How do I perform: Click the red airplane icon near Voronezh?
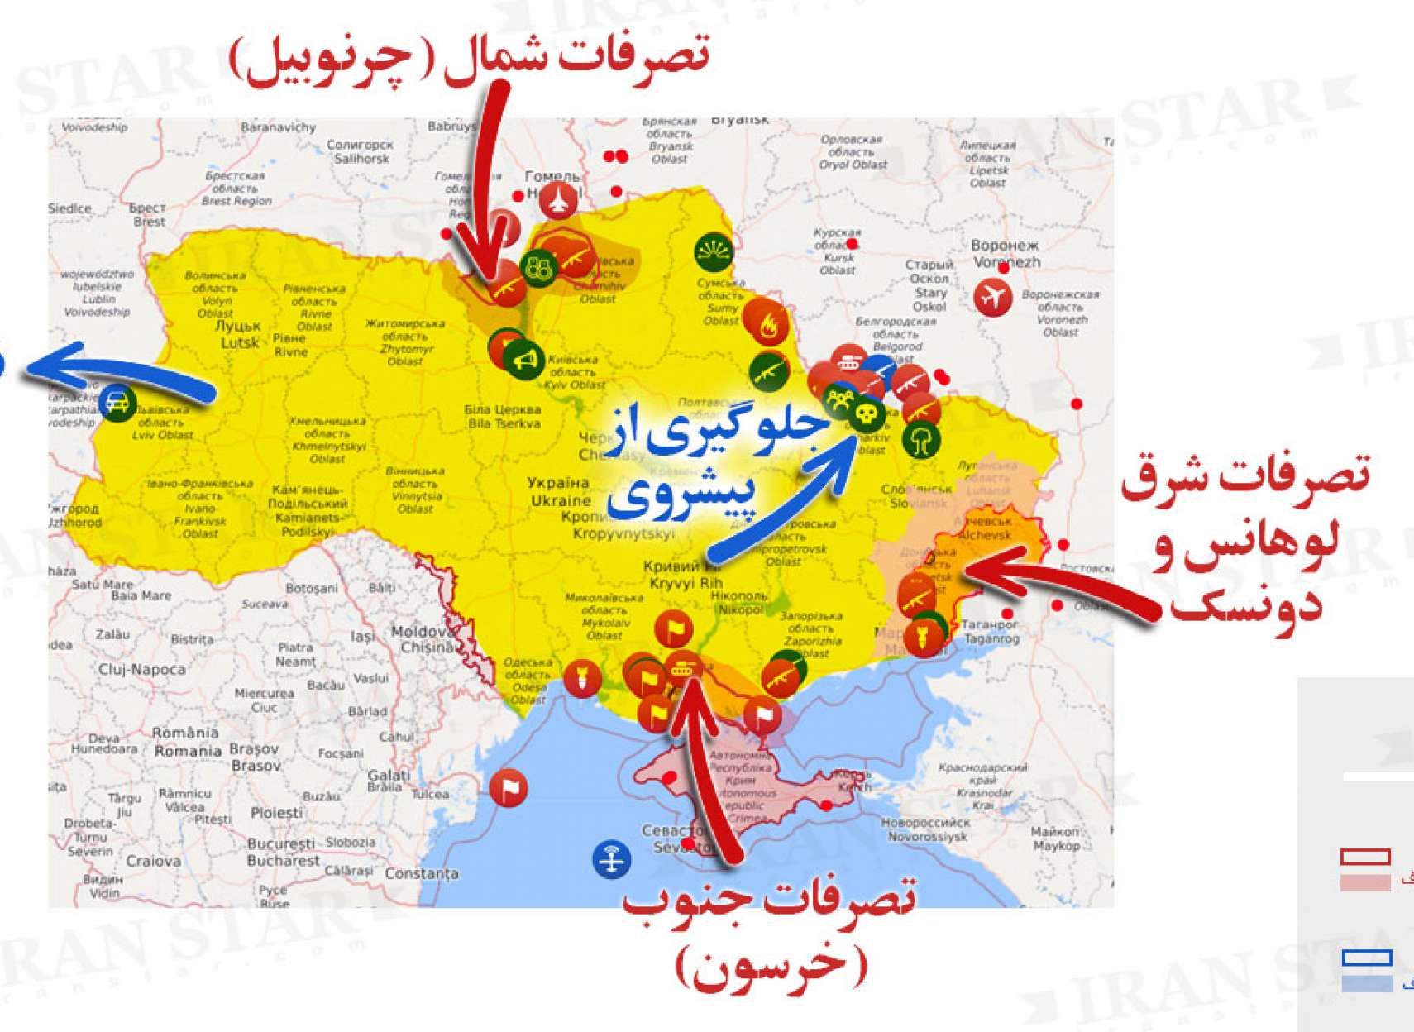[x=992, y=296]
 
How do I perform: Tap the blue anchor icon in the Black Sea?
[x=612, y=859]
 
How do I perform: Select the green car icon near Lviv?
[x=118, y=404]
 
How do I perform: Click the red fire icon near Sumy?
[x=766, y=323]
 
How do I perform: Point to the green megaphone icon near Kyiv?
[x=525, y=359]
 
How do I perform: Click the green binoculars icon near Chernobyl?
[x=539, y=268]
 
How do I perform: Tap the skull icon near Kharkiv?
[x=867, y=413]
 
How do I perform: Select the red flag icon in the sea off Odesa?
[x=509, y=787]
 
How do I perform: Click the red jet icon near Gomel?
[x=559, y=201]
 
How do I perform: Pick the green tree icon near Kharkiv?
[x=921, y=438]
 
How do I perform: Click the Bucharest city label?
[x=282, y=853]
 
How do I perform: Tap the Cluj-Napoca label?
[x=141, y=669]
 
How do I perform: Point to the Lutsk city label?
[x=239, y=335]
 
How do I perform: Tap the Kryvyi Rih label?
[x=686, y=576]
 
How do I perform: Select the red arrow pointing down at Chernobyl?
[x=487, y=190]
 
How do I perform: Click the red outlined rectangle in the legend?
[x=1365, y=857]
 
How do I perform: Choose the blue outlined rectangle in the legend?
[x=1367, y=958]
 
